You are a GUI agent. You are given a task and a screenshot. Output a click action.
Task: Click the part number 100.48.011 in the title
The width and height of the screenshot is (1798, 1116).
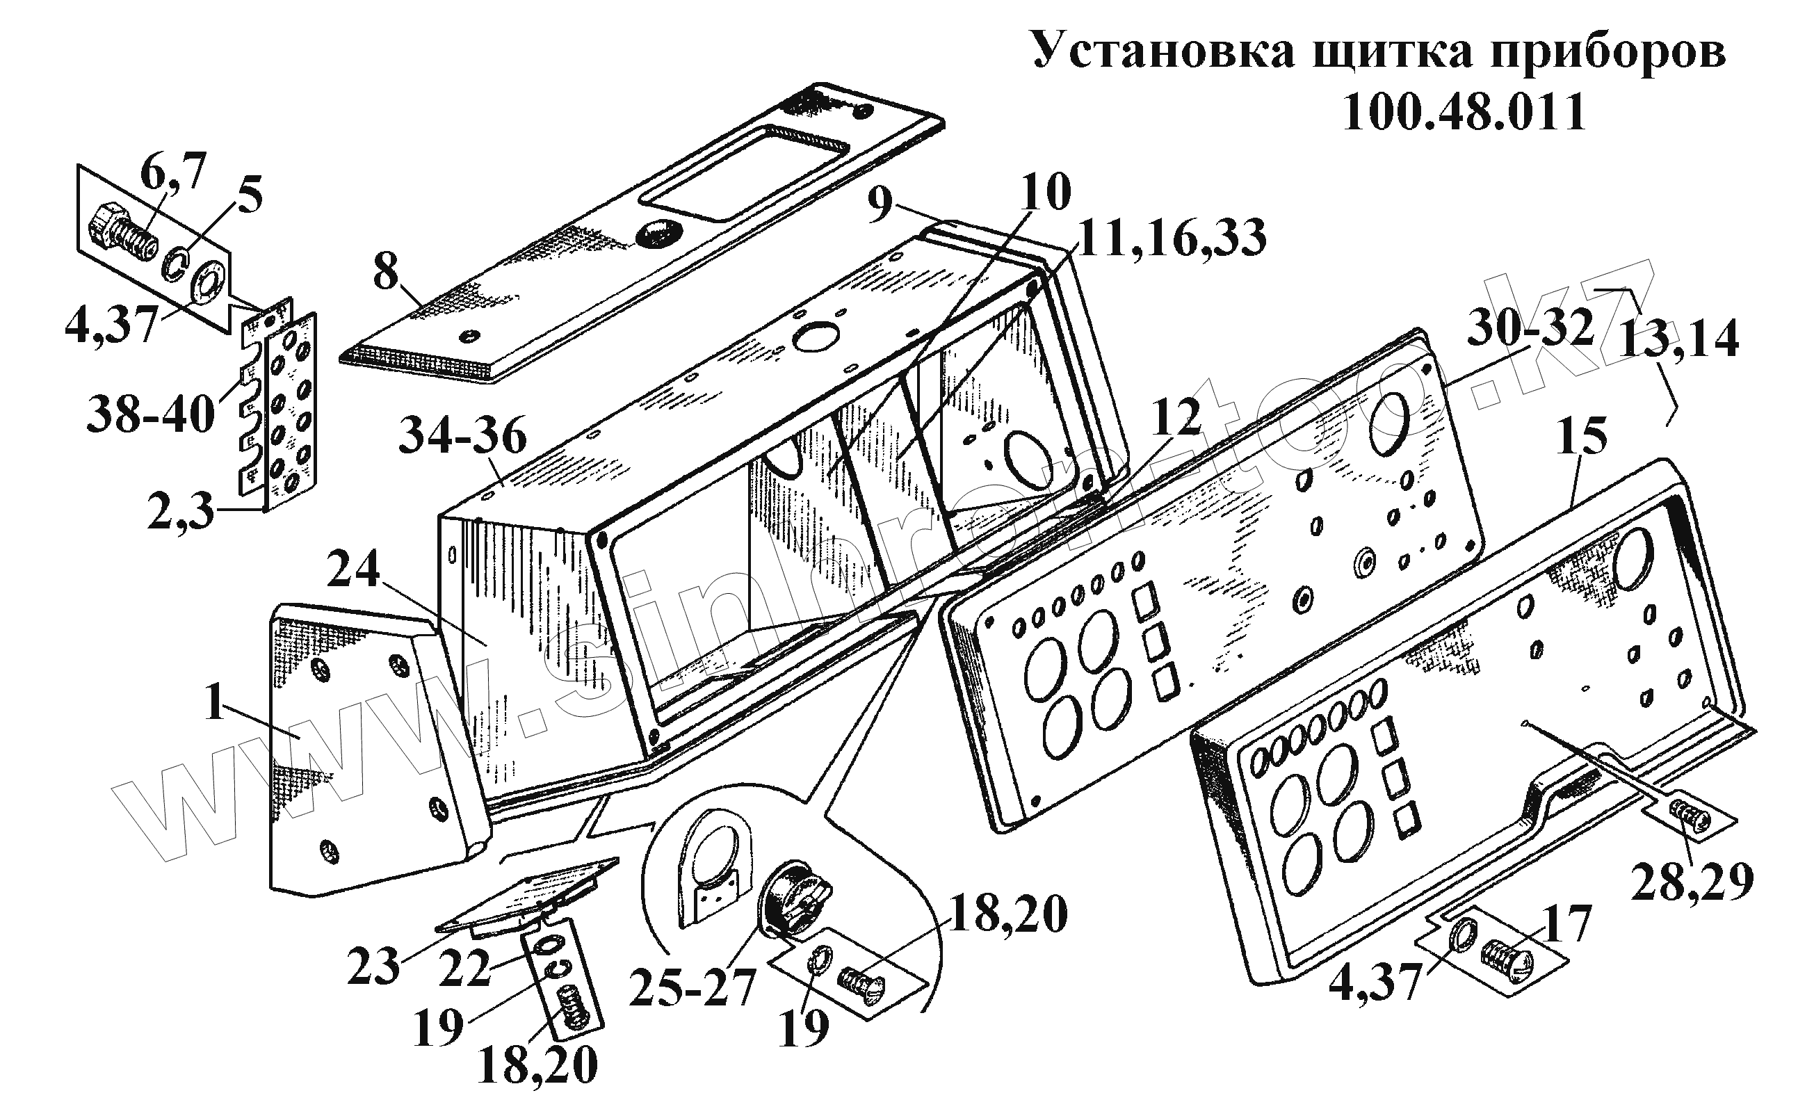click(x=1464, y=112)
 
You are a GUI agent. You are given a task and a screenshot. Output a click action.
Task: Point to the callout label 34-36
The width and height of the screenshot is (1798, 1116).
click(x=463, y=437)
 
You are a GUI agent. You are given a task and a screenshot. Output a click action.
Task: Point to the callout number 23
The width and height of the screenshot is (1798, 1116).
click(x=374, y=967)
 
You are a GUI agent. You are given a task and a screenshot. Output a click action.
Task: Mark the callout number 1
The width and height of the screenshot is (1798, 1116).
click(x=214, y=703)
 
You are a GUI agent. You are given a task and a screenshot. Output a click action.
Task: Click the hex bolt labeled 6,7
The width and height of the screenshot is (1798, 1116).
click(x=122, y=230)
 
